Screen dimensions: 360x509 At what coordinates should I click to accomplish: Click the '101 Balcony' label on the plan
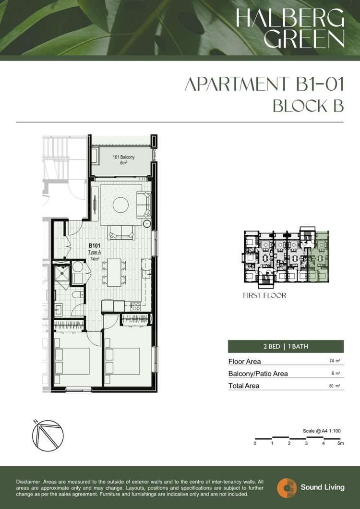tap(123, 157)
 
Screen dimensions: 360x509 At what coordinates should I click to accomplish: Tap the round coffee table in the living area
tap(120, 205)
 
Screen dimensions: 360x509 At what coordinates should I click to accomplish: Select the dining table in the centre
tap(114, 272)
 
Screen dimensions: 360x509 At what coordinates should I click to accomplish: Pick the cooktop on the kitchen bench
tap(135, 306)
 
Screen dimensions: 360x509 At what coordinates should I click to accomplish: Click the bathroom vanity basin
tap(59, 309)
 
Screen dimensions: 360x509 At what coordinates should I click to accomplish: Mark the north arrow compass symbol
tap(48, 436)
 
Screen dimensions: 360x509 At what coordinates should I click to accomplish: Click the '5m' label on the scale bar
tap(340, 443)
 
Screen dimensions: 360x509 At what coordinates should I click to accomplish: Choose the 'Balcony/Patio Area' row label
tap(258, 374)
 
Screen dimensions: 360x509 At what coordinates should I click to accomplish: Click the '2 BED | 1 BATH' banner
tap(286, 346)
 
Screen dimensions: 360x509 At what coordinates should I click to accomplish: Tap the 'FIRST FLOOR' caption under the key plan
tap(264, 296)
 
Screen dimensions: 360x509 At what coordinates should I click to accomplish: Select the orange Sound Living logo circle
tap(287, 487)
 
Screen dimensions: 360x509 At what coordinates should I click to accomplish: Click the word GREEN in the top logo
tap(304, 38)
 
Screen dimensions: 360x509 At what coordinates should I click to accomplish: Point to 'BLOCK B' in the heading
tap(308, 106)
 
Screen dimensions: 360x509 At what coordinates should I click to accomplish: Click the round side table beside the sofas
tap(147, 223)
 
